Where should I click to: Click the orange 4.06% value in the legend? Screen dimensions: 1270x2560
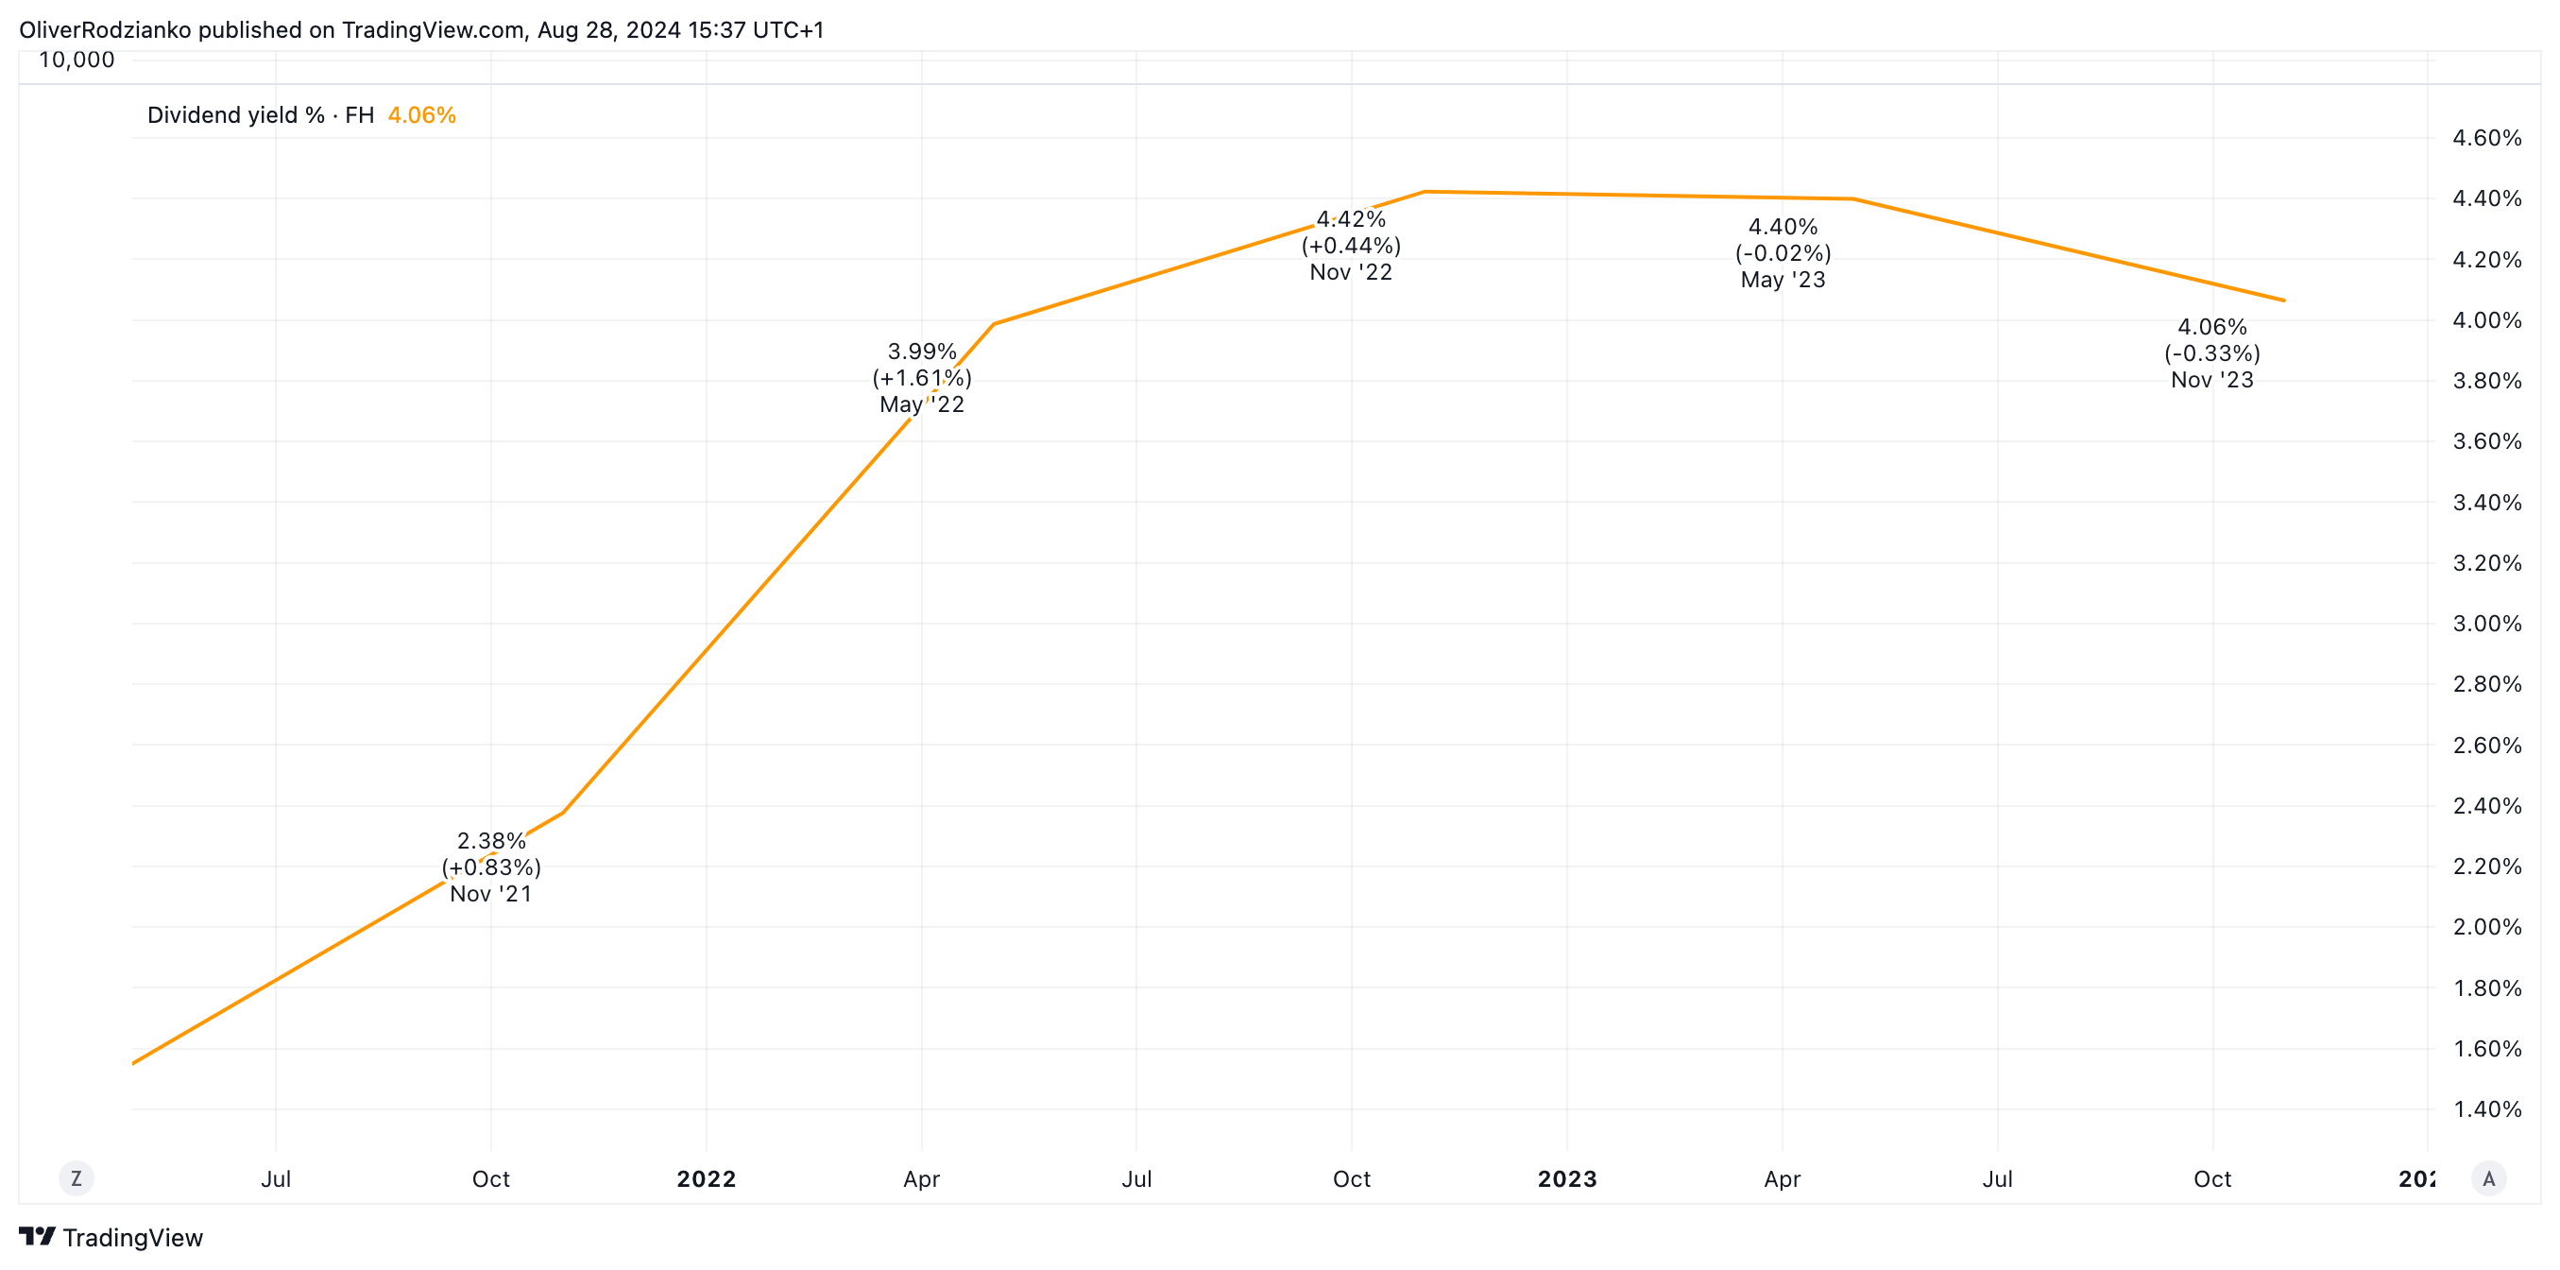421,115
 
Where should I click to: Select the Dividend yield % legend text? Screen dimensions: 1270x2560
235,115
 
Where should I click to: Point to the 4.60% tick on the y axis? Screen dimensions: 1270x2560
2486,138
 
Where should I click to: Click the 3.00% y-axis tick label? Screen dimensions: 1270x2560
2486,624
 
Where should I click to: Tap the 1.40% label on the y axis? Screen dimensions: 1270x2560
2486,1110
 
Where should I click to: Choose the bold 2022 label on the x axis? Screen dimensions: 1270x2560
706,1179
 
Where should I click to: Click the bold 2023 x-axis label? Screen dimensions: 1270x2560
1566,1179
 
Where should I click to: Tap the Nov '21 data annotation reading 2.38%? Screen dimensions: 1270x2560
491,867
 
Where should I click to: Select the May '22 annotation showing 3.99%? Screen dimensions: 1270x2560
921,379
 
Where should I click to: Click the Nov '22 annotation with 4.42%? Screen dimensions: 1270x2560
1351,246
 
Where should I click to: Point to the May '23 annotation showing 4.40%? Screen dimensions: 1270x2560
1783,253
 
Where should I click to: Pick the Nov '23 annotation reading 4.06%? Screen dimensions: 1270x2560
2212,353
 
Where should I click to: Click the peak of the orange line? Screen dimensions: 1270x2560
1425,192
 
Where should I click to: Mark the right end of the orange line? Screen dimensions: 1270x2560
2284,300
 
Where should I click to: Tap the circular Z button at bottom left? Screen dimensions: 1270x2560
77,1179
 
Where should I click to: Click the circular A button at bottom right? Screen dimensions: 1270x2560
2488,1179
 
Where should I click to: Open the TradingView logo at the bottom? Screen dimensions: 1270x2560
111,1237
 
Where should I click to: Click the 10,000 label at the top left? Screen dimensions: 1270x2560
77,60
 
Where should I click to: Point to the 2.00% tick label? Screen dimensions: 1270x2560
2486,927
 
